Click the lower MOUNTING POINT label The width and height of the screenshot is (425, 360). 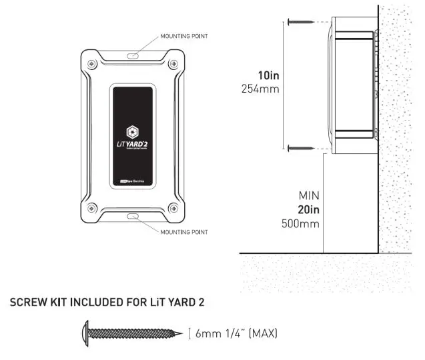click(184, 232)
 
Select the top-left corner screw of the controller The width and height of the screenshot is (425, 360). click(91, 63)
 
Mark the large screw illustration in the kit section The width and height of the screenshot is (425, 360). click(131, 332)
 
